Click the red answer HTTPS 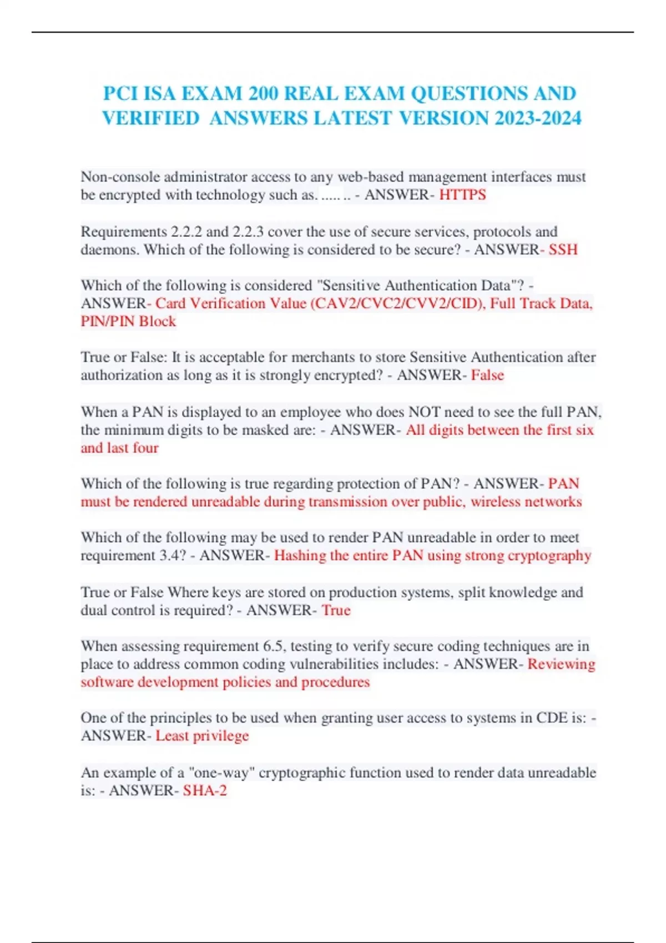(x=462, y=195)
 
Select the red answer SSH (x=563, y=249)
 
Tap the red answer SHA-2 (x=205, y=790)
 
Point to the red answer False (x=487, y=375)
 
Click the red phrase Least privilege (x=202, y=736)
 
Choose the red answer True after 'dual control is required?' (x=336, y=610)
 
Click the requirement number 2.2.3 (x=248, y=231)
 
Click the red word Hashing (x=300, y=555)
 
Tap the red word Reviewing (x=561, y=664)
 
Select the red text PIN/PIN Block (x=128, y=321)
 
